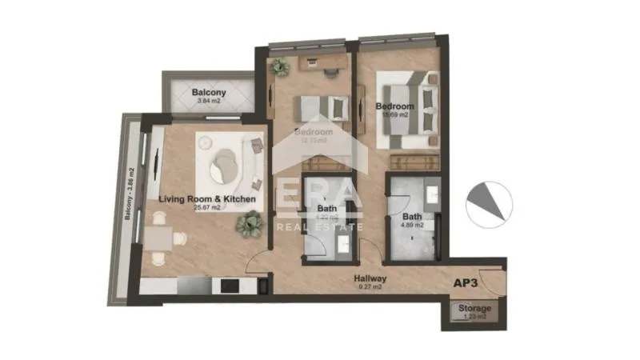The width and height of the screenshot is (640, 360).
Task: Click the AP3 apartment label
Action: click(x=466, y=283)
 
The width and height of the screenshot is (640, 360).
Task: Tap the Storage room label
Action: click(x=474, y=309)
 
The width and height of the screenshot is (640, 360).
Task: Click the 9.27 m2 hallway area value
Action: click(x=370, y=286)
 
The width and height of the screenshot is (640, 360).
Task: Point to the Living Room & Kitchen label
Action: click(x=207, y=198)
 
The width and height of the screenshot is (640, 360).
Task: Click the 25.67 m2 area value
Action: click(x=207, y=208)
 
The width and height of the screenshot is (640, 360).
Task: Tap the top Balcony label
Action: click(x=209, y=93)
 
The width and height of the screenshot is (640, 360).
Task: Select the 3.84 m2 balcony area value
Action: click(x=209, y=102)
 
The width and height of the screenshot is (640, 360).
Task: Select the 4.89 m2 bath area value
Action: click(x=413, y=226)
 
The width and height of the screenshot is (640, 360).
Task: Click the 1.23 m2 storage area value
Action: click(x=474, y=318)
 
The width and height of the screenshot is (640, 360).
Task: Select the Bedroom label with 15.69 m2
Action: click(x=394, y=106)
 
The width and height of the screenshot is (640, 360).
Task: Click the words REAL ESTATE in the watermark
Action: click(x=319, y=226)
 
